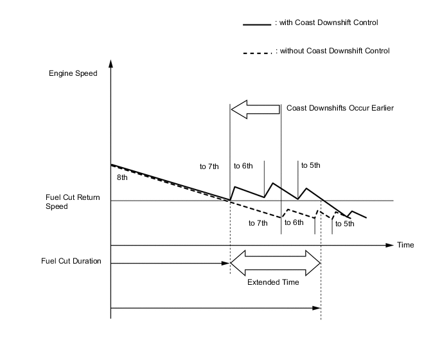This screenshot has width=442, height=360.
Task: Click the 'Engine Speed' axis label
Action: tap(73, 73)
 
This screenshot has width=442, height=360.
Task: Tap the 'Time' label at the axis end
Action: tap(405, 245)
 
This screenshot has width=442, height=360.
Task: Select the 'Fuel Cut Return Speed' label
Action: tap(71, 202)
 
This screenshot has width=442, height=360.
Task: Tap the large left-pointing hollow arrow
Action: tap(255, 109)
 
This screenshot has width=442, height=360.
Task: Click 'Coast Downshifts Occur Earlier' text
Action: tap(340, 108)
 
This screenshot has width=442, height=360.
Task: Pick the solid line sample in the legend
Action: tap(256, 24)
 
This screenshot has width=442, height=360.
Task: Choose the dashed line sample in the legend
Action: tap(256, 51)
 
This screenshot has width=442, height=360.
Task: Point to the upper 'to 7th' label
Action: tap(209, 166)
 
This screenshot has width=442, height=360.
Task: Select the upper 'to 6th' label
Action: tap(243, 165)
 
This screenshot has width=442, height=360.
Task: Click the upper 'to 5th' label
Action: tap(310, 165)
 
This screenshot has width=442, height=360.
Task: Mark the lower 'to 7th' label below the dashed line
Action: tap(258, 223)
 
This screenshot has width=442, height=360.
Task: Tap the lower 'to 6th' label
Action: tap(294, 222)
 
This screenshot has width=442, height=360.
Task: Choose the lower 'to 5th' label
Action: tap(344, 224)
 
